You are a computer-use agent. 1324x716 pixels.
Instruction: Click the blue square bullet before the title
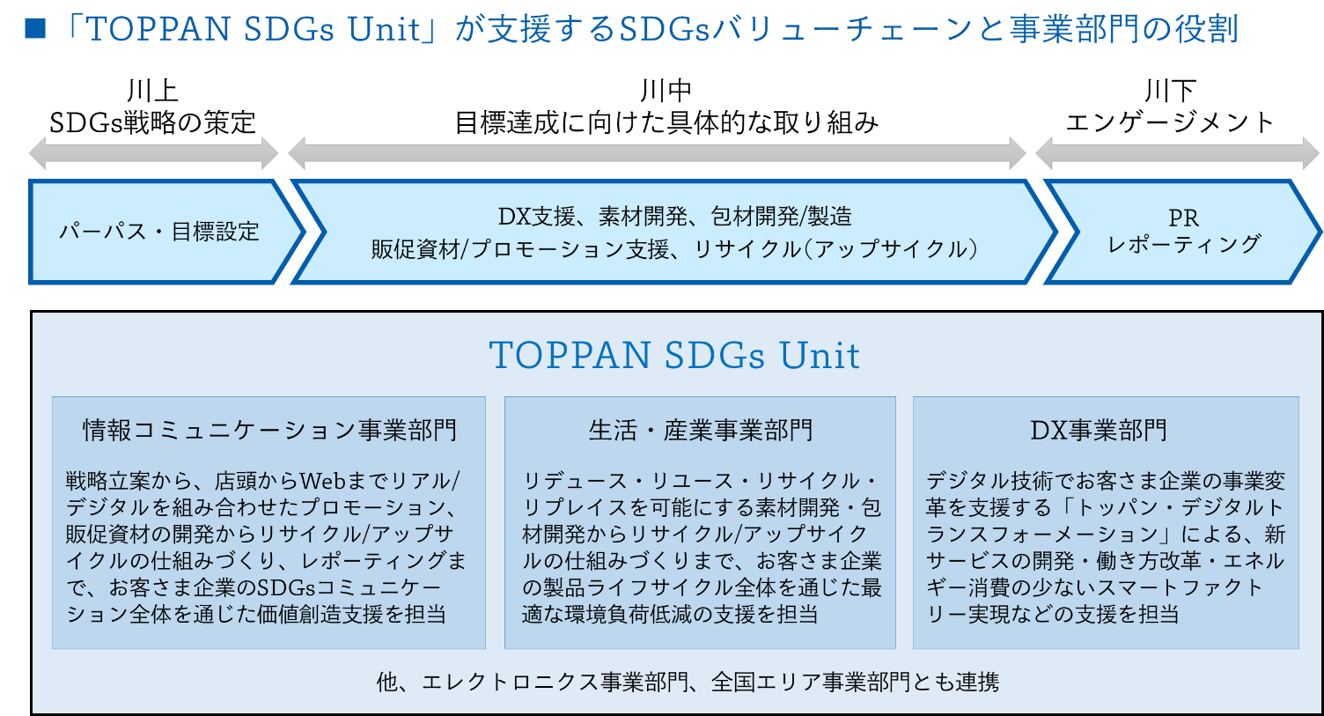point(35,28)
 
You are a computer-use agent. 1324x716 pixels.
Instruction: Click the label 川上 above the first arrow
point(152,91)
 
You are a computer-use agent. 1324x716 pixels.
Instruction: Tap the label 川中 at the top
point(666,91)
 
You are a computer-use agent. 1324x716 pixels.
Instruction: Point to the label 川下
point(1170,91)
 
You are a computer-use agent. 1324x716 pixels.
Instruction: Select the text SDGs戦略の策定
point(152,122)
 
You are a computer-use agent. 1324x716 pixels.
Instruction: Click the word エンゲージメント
point(1170,122)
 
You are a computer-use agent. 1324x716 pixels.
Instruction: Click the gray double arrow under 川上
point(154,153)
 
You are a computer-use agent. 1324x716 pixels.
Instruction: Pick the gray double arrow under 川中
point(657,153)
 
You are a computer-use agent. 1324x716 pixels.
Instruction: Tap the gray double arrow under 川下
point(1177,153)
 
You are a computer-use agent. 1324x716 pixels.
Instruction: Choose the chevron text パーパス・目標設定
point(159,231)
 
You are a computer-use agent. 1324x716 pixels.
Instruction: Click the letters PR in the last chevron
point(1183,218)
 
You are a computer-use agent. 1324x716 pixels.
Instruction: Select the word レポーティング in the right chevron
point(1184,245)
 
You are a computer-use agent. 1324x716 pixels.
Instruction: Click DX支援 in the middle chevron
point(536,217)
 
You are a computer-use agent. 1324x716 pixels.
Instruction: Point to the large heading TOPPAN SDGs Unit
point(674,355)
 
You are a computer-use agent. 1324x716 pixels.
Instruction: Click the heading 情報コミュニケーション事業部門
point(269,430)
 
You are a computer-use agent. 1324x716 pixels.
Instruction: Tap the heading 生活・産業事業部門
point(701,430)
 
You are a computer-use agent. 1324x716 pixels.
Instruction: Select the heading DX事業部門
point(1099,430)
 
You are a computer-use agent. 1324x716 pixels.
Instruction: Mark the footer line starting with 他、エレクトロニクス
point(688,682)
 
